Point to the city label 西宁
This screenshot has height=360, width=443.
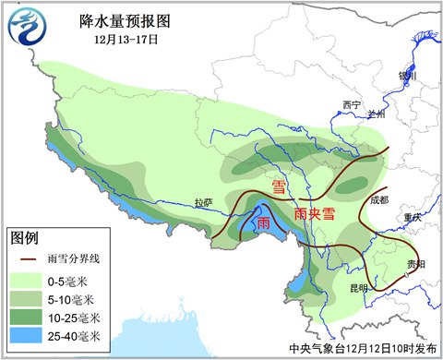click(x=349, y=104)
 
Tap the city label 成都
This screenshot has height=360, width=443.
click(x=378, y=198)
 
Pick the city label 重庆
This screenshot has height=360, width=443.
click(x=411, y=217)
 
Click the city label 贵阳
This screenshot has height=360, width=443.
click(x=416, y=264)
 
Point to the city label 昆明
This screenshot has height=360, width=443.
click(x=358, y=288)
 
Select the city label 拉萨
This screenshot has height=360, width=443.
click(x=204, y=202)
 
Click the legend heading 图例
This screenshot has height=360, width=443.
click(x=26, y=238)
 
